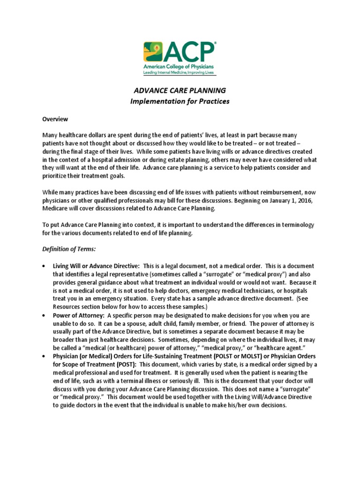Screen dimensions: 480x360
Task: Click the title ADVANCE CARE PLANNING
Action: point(180,90)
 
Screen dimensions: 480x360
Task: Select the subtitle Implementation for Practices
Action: point(180,102)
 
